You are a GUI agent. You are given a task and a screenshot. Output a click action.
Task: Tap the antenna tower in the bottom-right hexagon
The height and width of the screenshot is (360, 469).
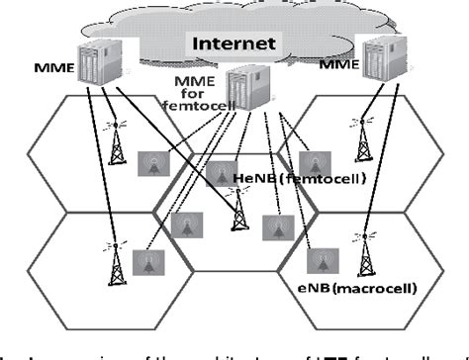[367, 258]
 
